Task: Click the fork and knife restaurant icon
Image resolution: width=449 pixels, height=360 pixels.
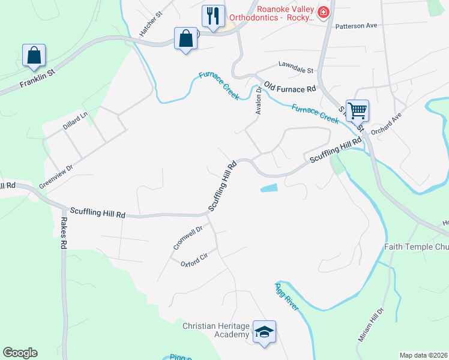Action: (213, 16)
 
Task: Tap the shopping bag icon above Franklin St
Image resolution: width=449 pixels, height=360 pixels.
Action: (34, 55)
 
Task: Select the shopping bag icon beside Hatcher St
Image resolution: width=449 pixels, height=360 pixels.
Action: (186, 39)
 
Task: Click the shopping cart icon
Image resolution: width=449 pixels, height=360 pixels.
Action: (357, 110)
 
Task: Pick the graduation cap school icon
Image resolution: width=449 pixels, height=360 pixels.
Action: (264, 331)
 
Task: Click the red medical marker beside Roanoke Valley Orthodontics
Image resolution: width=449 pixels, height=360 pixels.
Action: (323, 12)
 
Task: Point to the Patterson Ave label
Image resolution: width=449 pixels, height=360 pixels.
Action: (356, 26)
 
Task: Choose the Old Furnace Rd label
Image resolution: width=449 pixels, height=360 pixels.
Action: (290, 89)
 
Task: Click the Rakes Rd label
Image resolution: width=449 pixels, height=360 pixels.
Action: (62, 233)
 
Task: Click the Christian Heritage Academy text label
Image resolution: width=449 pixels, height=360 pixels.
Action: (215, 330)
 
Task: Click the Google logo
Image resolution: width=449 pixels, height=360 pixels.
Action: (20, 353)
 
